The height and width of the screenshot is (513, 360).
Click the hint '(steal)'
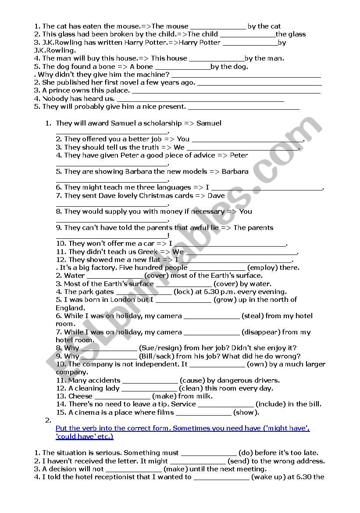point(253,316)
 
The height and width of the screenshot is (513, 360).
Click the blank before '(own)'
point(217,365)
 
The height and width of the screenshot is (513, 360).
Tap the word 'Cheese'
point(80,396)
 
